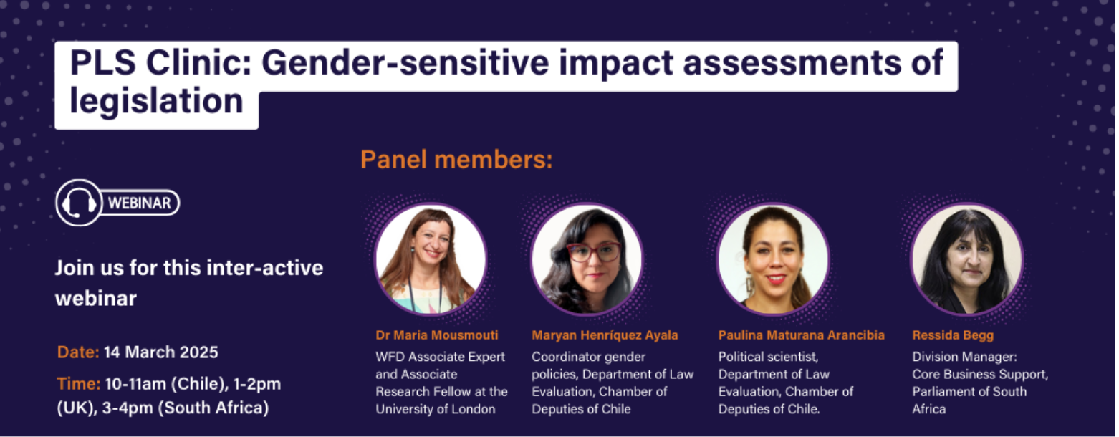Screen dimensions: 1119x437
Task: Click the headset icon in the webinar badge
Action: coord(78,203)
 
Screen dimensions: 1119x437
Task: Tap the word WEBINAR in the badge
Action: coord(140,203)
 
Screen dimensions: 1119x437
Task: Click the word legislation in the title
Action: coord(156,102)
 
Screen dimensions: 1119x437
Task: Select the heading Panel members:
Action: coord(456,160)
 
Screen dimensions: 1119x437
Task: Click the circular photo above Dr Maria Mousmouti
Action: coord(431,259)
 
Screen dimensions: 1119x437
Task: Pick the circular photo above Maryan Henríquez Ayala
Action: coord(587,259)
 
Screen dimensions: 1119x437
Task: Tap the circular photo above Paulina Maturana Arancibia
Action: coord(773,259)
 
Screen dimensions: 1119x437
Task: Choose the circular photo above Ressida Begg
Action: coord(967,259)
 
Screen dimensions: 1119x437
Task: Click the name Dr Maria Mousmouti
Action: coord(437,335)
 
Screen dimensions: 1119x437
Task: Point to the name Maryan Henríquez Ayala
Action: coord(605,335)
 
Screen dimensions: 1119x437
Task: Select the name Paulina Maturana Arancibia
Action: coord(802,335)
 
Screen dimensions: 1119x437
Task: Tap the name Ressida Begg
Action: coord(953,335)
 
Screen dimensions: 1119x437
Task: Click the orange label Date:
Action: coord(78,352)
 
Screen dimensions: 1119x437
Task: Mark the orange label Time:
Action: coord(78,383)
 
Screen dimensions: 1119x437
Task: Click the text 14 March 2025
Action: coord(161,352)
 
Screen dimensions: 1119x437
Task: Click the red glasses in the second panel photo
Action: coord(594,251)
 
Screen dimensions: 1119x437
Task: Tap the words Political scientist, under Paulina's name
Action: coord(768,357)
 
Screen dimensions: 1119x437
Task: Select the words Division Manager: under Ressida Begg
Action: coord(965,357)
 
